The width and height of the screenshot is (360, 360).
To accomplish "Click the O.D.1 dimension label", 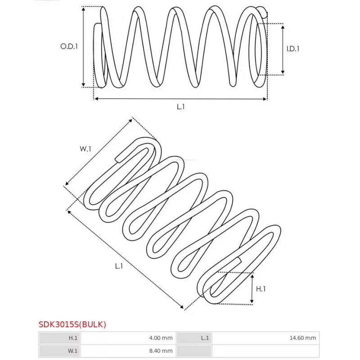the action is [x=69, y=46].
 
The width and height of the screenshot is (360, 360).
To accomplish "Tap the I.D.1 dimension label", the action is [x=293, y=49].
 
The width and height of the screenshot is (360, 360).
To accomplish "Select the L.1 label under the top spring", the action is [x=181, y=107].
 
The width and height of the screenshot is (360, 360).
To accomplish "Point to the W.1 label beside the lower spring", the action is [x=85, y=149].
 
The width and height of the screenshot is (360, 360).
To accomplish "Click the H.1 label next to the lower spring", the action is [x=261, y=289].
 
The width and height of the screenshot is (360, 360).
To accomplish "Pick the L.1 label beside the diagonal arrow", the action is [x=119, y=266].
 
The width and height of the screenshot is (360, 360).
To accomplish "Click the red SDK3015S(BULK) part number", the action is [x=72, y=324].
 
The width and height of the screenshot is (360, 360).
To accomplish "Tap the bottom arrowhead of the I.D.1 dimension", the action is [x=283, y=73].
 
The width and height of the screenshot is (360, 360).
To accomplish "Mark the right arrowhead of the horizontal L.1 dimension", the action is [x=265, y=99].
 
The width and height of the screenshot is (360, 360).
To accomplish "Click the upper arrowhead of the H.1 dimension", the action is [x=252, y=275].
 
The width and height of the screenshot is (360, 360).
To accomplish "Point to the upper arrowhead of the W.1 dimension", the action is [x=131, y=120].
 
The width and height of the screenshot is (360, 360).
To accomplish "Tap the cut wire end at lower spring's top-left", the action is [x=117, y=160].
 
